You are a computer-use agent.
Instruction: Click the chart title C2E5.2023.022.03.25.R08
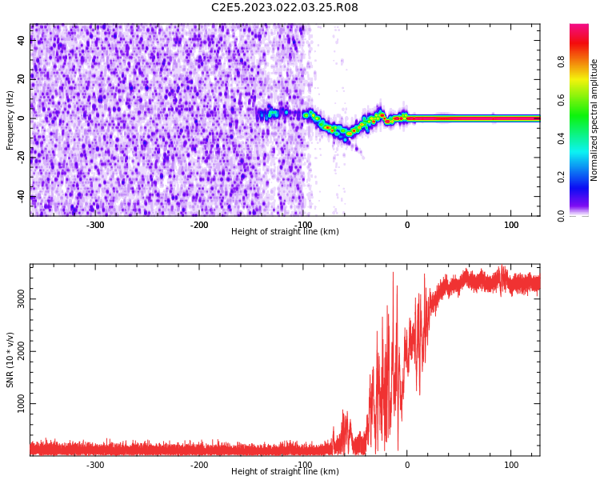[x=284, y=8]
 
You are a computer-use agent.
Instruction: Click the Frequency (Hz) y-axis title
[x=10, y=120]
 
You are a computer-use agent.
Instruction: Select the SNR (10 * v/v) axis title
[x=10, y=360]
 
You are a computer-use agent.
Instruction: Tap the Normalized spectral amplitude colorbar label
[x=594, y=120]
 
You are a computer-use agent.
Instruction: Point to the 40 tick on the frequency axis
[x=21, y=40]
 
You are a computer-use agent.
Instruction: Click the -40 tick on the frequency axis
[x=21, y=196]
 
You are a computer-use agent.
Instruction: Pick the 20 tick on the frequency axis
[x=21, y=79]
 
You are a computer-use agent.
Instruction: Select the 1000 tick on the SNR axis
[x=21, y=404]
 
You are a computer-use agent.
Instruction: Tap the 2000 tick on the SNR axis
[x=21, y=351]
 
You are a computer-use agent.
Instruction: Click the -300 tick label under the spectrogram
[x=95, y=226]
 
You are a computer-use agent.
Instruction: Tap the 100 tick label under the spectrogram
[x=511, y=226]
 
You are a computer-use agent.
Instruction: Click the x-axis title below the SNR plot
[x=285, y=472]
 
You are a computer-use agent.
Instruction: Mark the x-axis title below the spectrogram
[x=285, y=232]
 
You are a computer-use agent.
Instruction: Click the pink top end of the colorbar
[x=579, y=28]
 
